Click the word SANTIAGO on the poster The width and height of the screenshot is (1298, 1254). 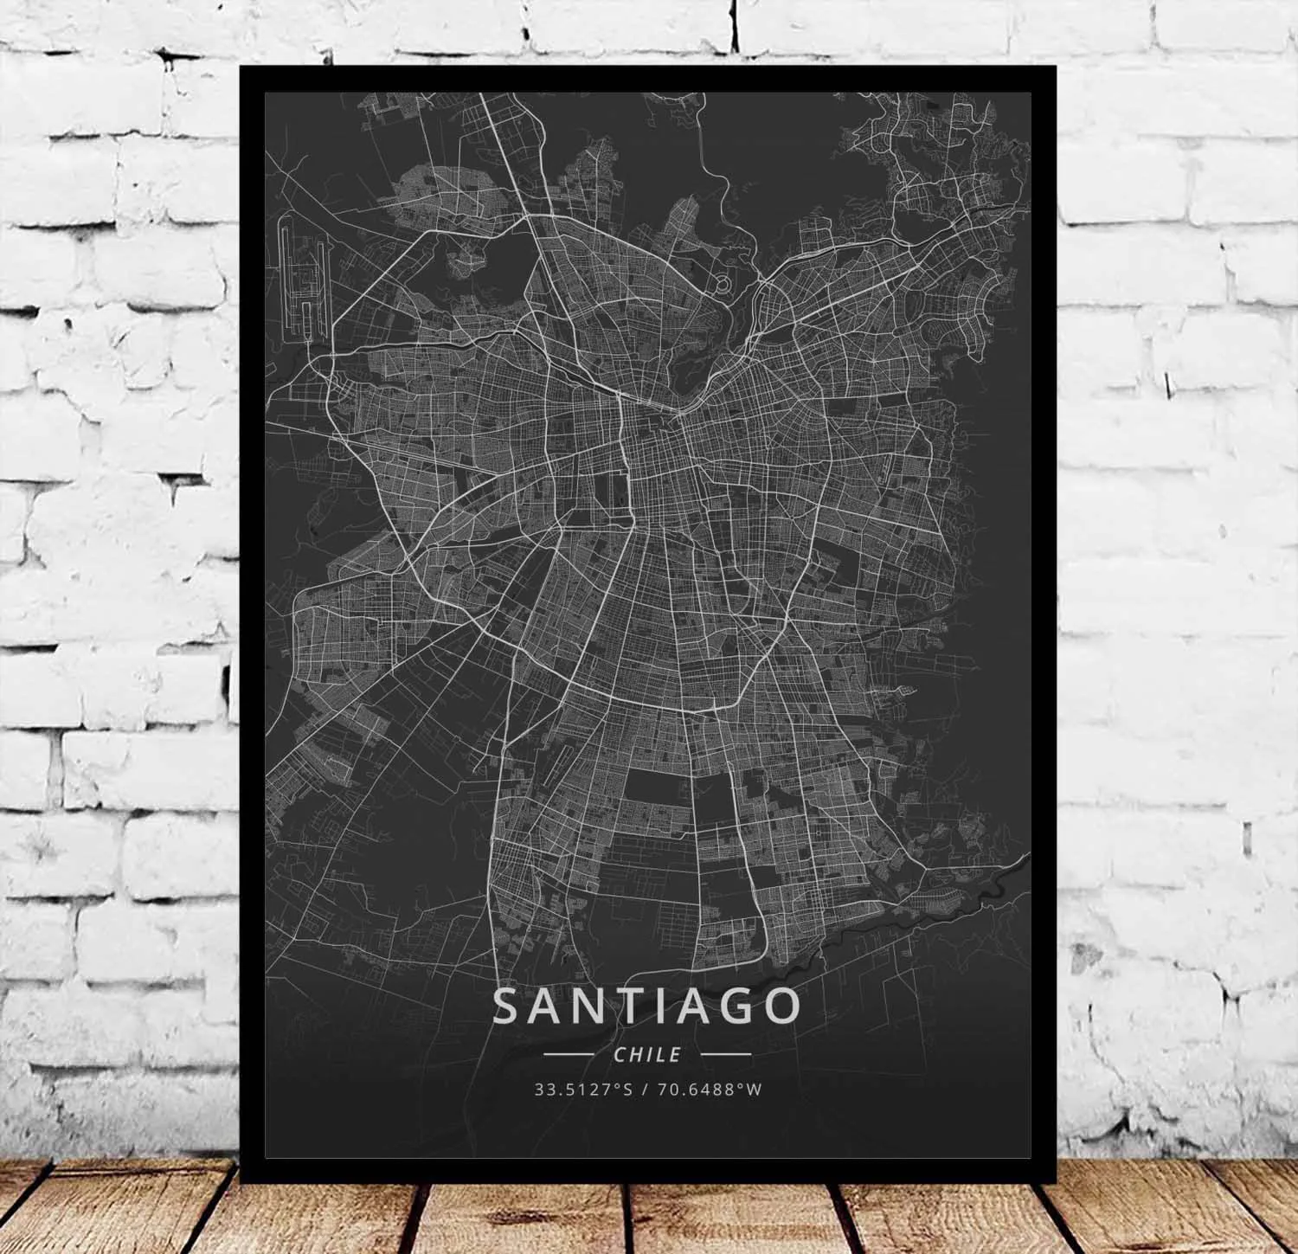pos(647,1006)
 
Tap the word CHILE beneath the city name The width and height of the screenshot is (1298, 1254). pos(647,1054)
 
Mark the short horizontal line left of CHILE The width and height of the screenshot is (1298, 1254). pos(569,1055)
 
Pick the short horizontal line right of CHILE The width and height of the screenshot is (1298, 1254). pos(725,1055)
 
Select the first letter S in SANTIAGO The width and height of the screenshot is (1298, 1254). pos(508,1006)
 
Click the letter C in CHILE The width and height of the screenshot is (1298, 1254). pos(618,1054)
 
